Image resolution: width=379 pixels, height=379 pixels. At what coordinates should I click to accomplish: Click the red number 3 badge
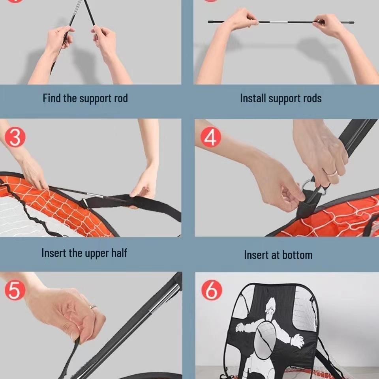pyautogui.click(x=15, y=137)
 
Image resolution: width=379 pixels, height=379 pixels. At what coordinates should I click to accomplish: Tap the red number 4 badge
pyautogui.click(x=211, y=137)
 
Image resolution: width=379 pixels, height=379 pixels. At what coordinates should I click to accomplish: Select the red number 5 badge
pyautogui.click(x=15, y=290)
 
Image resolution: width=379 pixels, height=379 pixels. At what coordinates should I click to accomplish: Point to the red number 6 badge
pyautogui.click(x=212, y=290)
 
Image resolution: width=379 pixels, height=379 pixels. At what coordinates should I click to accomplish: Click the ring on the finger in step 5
pyautogui.click(x=93, y=306)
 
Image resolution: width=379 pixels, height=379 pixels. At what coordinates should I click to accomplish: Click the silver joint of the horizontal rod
pyautogui.click(x=278, y=22)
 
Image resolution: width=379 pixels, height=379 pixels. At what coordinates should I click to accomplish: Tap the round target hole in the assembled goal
pyautogui.click(x=265, y=338)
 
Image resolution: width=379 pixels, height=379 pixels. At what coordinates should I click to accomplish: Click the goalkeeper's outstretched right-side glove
pyautogui.click(x=297, y=340)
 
